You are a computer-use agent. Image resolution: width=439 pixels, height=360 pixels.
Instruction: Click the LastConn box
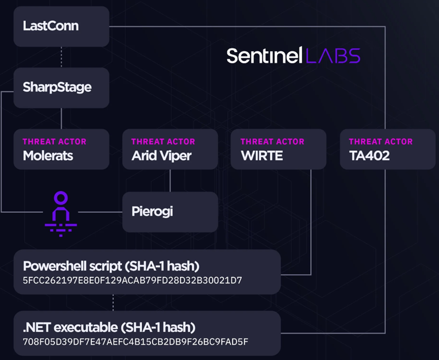coord(61,26)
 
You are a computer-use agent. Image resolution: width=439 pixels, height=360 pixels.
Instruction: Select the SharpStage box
coord(61,87)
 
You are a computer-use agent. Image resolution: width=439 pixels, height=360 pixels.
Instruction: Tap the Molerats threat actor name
coord(48,156)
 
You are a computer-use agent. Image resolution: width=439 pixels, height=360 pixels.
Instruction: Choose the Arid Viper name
coord(161,156)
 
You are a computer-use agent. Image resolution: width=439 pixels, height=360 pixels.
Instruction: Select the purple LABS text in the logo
coord(333,55)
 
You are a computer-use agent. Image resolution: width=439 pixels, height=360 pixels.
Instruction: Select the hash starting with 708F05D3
coord(136,341)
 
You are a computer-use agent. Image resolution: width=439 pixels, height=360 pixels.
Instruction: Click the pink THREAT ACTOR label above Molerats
coord(54,142)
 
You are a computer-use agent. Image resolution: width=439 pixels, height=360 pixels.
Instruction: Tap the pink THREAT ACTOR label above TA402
coord(381,142)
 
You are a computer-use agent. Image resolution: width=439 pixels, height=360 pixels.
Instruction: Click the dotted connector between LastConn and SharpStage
coord(61,57)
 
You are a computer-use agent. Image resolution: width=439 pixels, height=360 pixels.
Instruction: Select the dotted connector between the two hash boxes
coord(113,303)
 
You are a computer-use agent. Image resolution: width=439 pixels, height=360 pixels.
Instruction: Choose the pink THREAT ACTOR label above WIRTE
coord(272,142)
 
